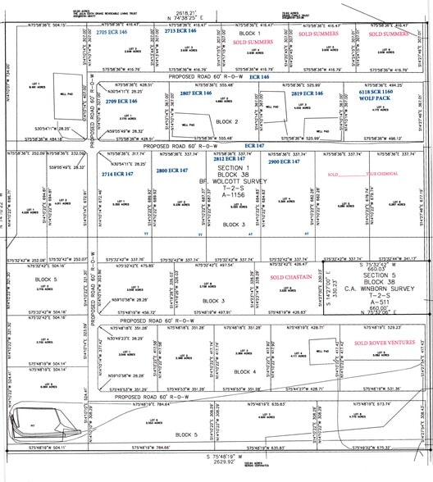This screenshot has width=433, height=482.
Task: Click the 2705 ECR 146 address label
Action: coord(112,32)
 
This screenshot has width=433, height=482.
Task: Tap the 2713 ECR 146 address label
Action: coord(180,31)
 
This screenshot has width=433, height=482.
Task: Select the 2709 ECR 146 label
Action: coord(123,101)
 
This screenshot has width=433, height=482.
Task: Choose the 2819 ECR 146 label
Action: coord(308,94)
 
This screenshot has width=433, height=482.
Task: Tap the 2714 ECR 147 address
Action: coord(118,174)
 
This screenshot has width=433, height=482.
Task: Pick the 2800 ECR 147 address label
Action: coord(172,170)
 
